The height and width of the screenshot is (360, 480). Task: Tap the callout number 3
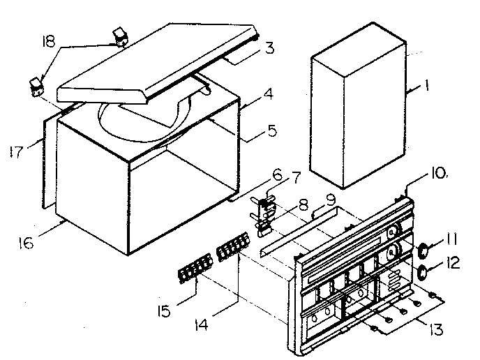268,50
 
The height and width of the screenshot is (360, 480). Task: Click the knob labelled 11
423,248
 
